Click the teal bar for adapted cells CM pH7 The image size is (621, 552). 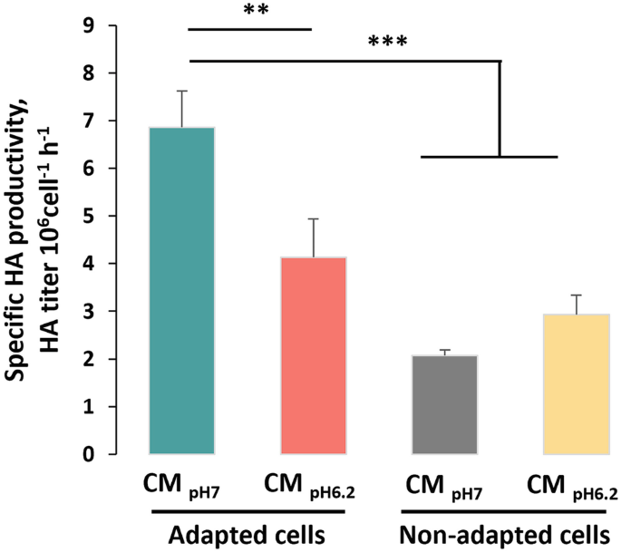[182, 290]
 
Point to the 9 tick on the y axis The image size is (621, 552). [113, 25]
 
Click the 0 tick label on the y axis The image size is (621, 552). [113, 454]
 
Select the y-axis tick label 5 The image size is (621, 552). [113, 217]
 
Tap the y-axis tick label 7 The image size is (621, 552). [113, 121]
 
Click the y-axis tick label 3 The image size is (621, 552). [113, 312]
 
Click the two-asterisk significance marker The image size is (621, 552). [248, 12]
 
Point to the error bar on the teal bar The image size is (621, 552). [182, 108]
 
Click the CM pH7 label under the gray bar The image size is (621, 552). [444, 490]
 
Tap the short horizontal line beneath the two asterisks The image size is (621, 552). [248, 29]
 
